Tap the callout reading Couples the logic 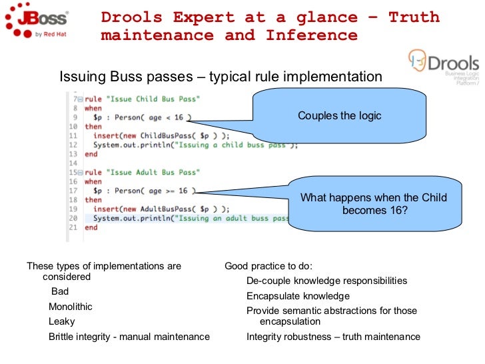point(339,116)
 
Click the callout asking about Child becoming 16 point(373,203)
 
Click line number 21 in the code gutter point(73,227)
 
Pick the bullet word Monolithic point(71,307)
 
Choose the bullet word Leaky point(62,321)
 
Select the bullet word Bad point(60,291)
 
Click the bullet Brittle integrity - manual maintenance point(129,337)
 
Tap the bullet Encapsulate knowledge point(298,296)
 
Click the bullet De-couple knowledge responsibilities point(326,281)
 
